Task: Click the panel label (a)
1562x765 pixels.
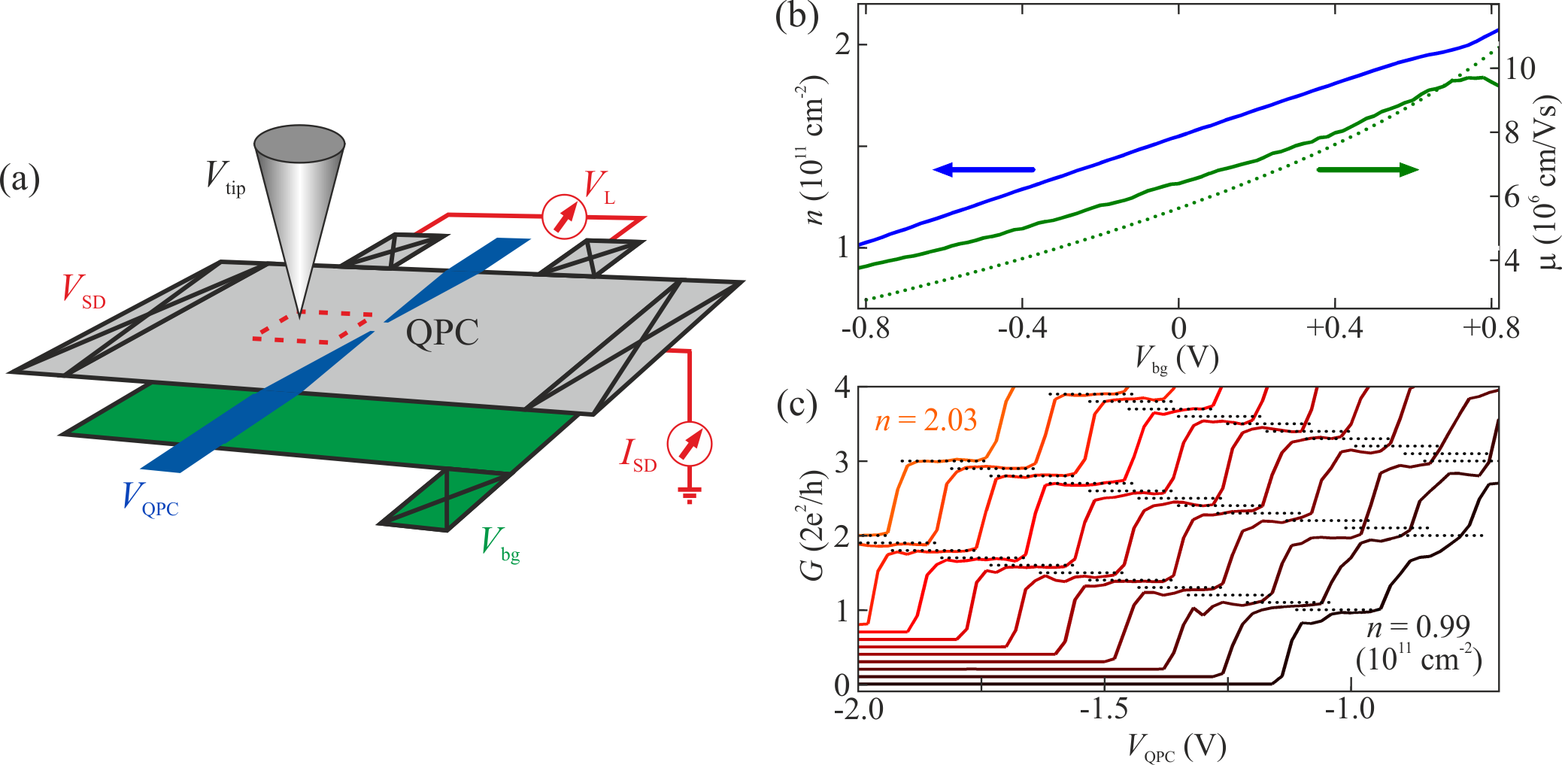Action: [20, 180]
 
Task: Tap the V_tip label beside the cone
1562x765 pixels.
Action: [225, 178]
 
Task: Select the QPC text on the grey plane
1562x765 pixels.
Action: [442, 332]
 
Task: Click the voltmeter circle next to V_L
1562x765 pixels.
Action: [564, 217]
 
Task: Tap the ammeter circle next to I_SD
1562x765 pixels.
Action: [690, 445]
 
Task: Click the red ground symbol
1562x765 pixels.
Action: [689, 494]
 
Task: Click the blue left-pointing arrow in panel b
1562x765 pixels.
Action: [984, 170]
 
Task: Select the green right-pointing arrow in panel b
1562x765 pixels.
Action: [1367, 170]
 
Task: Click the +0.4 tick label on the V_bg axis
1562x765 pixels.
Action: [1334, 329]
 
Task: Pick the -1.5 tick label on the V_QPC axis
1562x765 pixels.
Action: [1105, 709]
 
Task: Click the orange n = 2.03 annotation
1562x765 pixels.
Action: [926, 420]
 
